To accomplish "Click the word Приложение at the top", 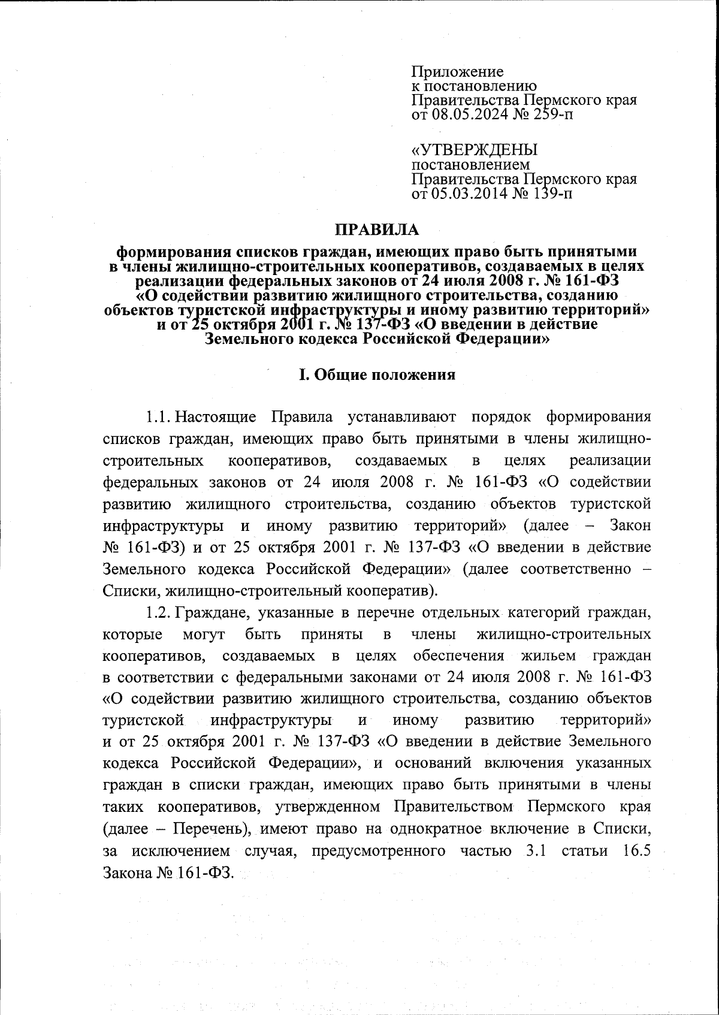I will (x=457, y=72).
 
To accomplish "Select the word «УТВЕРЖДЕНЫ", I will (x=474, y=150).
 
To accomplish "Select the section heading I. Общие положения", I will (x=377, y=375).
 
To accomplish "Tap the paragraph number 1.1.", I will (x=160, y=416).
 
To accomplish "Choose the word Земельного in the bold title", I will (x=249, y=339).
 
